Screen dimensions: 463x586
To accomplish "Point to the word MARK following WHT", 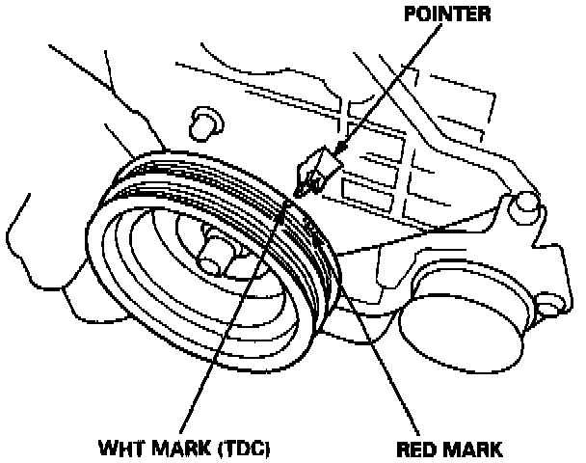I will pos(183,449).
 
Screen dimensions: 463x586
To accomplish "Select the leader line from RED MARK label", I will pos(386,367).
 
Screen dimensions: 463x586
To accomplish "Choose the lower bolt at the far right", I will pos(547,307).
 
